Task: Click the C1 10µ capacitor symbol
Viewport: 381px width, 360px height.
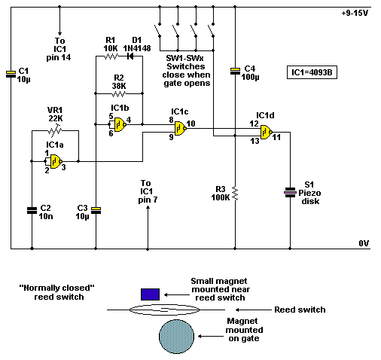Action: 11,73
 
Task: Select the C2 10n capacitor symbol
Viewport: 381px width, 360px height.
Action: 32,209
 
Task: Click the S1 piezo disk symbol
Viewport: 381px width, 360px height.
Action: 291,192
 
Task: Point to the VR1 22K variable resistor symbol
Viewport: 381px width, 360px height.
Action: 55,131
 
